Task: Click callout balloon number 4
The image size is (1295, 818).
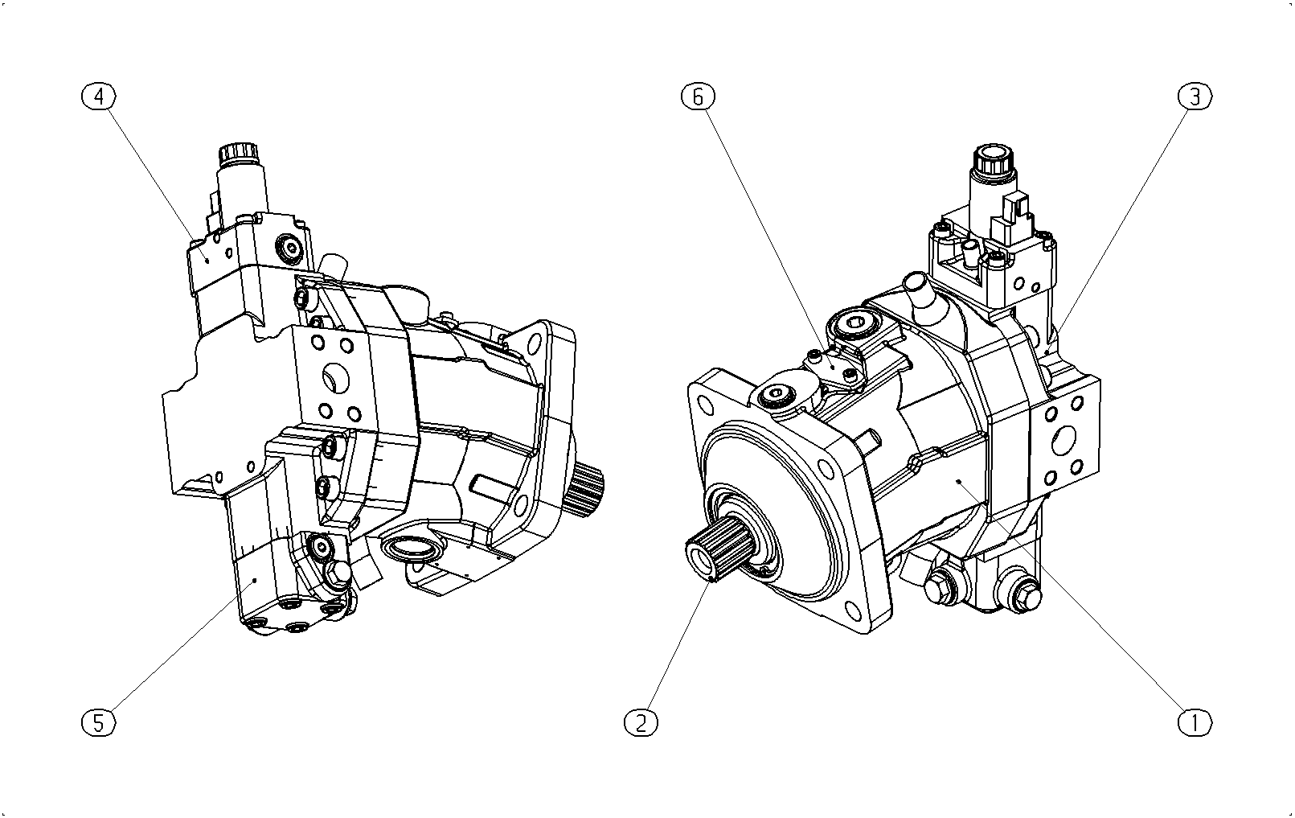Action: pos(99,97)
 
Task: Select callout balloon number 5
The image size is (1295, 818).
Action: pos(98,722)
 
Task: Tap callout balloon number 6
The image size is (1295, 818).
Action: pos(698,97)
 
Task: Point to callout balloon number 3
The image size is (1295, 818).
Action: pos(1195,97)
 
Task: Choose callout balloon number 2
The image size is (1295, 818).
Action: pos(641,722)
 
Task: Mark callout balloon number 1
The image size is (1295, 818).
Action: pos(1195,722)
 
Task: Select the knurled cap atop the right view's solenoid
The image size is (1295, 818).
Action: pos(994,158)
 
